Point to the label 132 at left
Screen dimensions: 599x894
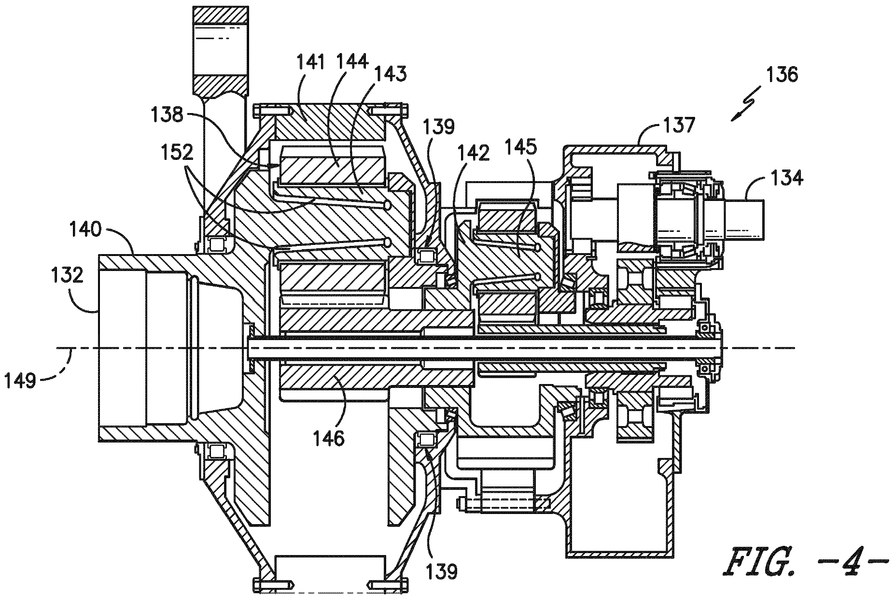click(68, 276)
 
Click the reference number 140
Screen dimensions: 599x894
click(85, 229)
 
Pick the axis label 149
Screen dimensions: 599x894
click(21, 381)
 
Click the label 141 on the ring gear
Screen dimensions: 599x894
click(310, 63)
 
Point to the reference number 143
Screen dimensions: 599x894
click(390, 74)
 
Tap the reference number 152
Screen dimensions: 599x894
click(177, 152)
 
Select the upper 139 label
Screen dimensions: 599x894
click(439, 127)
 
